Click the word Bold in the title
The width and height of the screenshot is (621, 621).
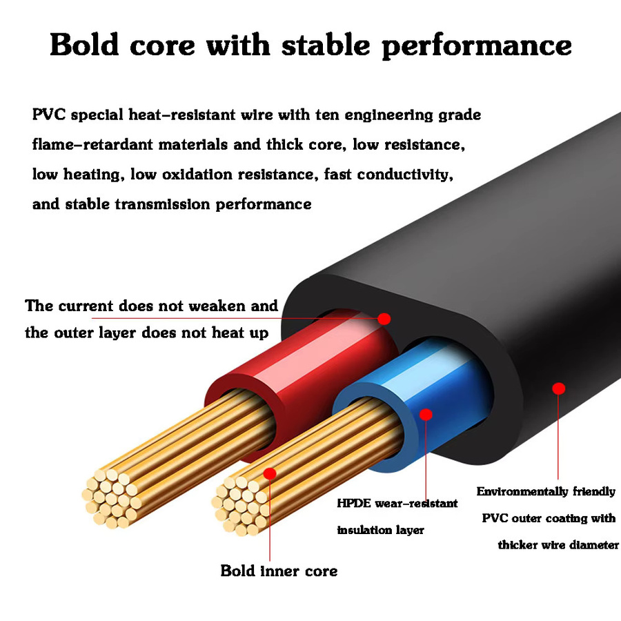click(84, 44)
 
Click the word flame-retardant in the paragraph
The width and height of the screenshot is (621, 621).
click(92, 144)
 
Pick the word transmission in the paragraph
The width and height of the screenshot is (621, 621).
click(162, 204)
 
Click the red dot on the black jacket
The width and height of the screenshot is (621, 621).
click(558, 388)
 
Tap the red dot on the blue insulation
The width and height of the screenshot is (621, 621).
click(426, 415)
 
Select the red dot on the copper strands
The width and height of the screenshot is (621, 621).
click(270, 473)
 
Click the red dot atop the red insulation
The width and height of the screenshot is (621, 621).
click(384, 319)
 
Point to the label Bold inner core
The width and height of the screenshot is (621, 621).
click(279, 571)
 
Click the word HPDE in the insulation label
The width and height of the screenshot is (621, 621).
click(354, 504)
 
